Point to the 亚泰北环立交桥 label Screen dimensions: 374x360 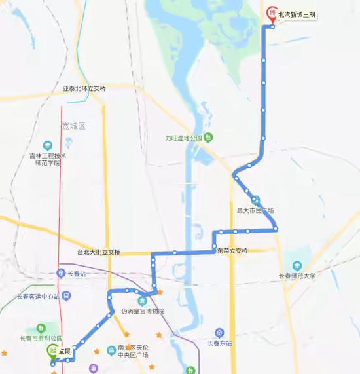click(84, 88)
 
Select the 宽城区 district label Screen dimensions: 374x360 click(73, 126)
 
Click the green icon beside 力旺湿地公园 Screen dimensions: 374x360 click(208, 138)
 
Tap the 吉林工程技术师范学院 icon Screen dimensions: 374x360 click(47, 145)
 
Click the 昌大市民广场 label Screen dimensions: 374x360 click(255, 210)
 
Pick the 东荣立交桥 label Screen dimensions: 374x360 click(232, 251)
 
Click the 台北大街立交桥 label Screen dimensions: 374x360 click(98, 252)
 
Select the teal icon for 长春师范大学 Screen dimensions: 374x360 click(297, 265)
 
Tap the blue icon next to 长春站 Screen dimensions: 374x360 click(61, 274)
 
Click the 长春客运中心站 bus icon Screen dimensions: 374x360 click(66, 296)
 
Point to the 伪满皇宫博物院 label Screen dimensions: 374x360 click(143, 311)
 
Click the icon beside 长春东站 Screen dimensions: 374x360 click(219, 332)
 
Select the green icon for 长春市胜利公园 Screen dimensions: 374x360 click(41, 327)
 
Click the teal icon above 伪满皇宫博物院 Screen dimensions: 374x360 click(142, 300)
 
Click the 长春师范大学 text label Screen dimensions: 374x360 click(297, 276)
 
